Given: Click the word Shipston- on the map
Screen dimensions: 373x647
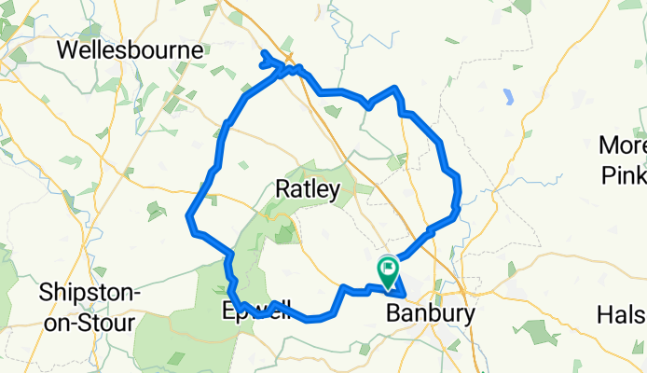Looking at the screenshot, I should coord(89,293).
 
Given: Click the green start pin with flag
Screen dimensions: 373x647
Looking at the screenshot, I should coord(388,271).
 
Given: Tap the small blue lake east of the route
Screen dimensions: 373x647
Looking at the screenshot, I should coord(508,95).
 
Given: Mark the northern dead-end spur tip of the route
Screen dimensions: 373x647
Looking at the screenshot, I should coord(264,52).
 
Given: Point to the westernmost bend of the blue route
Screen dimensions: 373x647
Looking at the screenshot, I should coord(189,218).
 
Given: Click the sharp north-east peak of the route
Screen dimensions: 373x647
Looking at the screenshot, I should coord(398,88).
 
